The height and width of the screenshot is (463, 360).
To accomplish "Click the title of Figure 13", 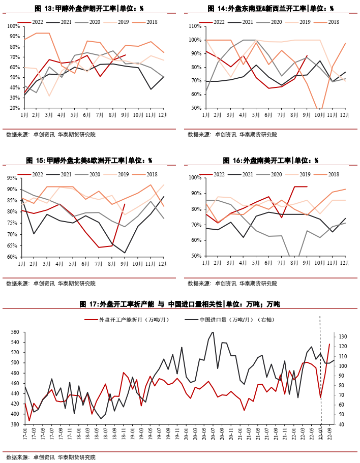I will click(x=89, y=9).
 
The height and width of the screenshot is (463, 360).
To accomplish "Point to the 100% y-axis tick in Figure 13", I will click(x=14, y=26).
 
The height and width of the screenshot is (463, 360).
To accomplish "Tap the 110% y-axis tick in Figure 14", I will click(x=195, y=26).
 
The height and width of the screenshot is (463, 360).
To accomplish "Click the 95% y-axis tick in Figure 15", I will click(x=15, y=178).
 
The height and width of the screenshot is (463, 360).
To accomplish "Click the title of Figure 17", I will click(x=179, y=304).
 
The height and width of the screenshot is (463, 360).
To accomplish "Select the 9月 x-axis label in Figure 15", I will click(x=125, y=264).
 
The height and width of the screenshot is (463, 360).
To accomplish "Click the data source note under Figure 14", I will click(x=232, y=135).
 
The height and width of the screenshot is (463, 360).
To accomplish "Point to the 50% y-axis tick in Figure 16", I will click(x=196, y=256).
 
